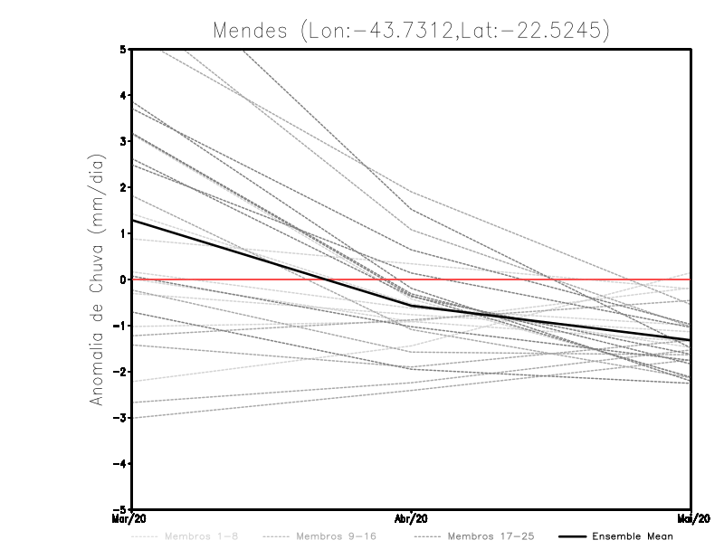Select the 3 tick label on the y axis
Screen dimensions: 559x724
point(123,141)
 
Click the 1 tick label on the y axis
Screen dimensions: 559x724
point(123,233)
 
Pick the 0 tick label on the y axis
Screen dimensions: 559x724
point(123,279)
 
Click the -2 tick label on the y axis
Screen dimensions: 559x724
point(120,372)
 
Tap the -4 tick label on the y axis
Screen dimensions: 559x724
point(120,463)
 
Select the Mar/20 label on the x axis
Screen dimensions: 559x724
point(132,519)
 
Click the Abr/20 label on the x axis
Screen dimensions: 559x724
point(412,519)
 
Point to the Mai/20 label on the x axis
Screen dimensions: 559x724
point(691,519)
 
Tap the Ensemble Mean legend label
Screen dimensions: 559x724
point(632,536)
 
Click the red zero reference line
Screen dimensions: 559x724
point(543,279)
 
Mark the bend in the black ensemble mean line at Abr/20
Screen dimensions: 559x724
point(412,306)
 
